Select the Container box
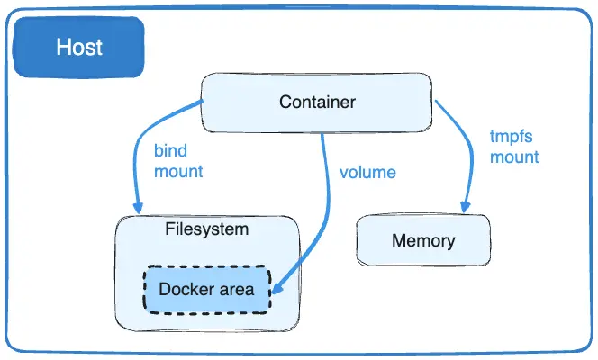tap(318, 102)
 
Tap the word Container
tap(318, 102)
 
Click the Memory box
tap(423, 241)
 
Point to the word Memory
tap(423, 241)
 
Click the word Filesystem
tap(206, 229)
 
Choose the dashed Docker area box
tap(206, 289)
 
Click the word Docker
tap(186, 289)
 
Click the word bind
tap(170, 150)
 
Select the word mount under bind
tap(177, 170)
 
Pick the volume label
tap(367, 171)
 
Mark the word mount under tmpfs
tap(514, 157)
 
